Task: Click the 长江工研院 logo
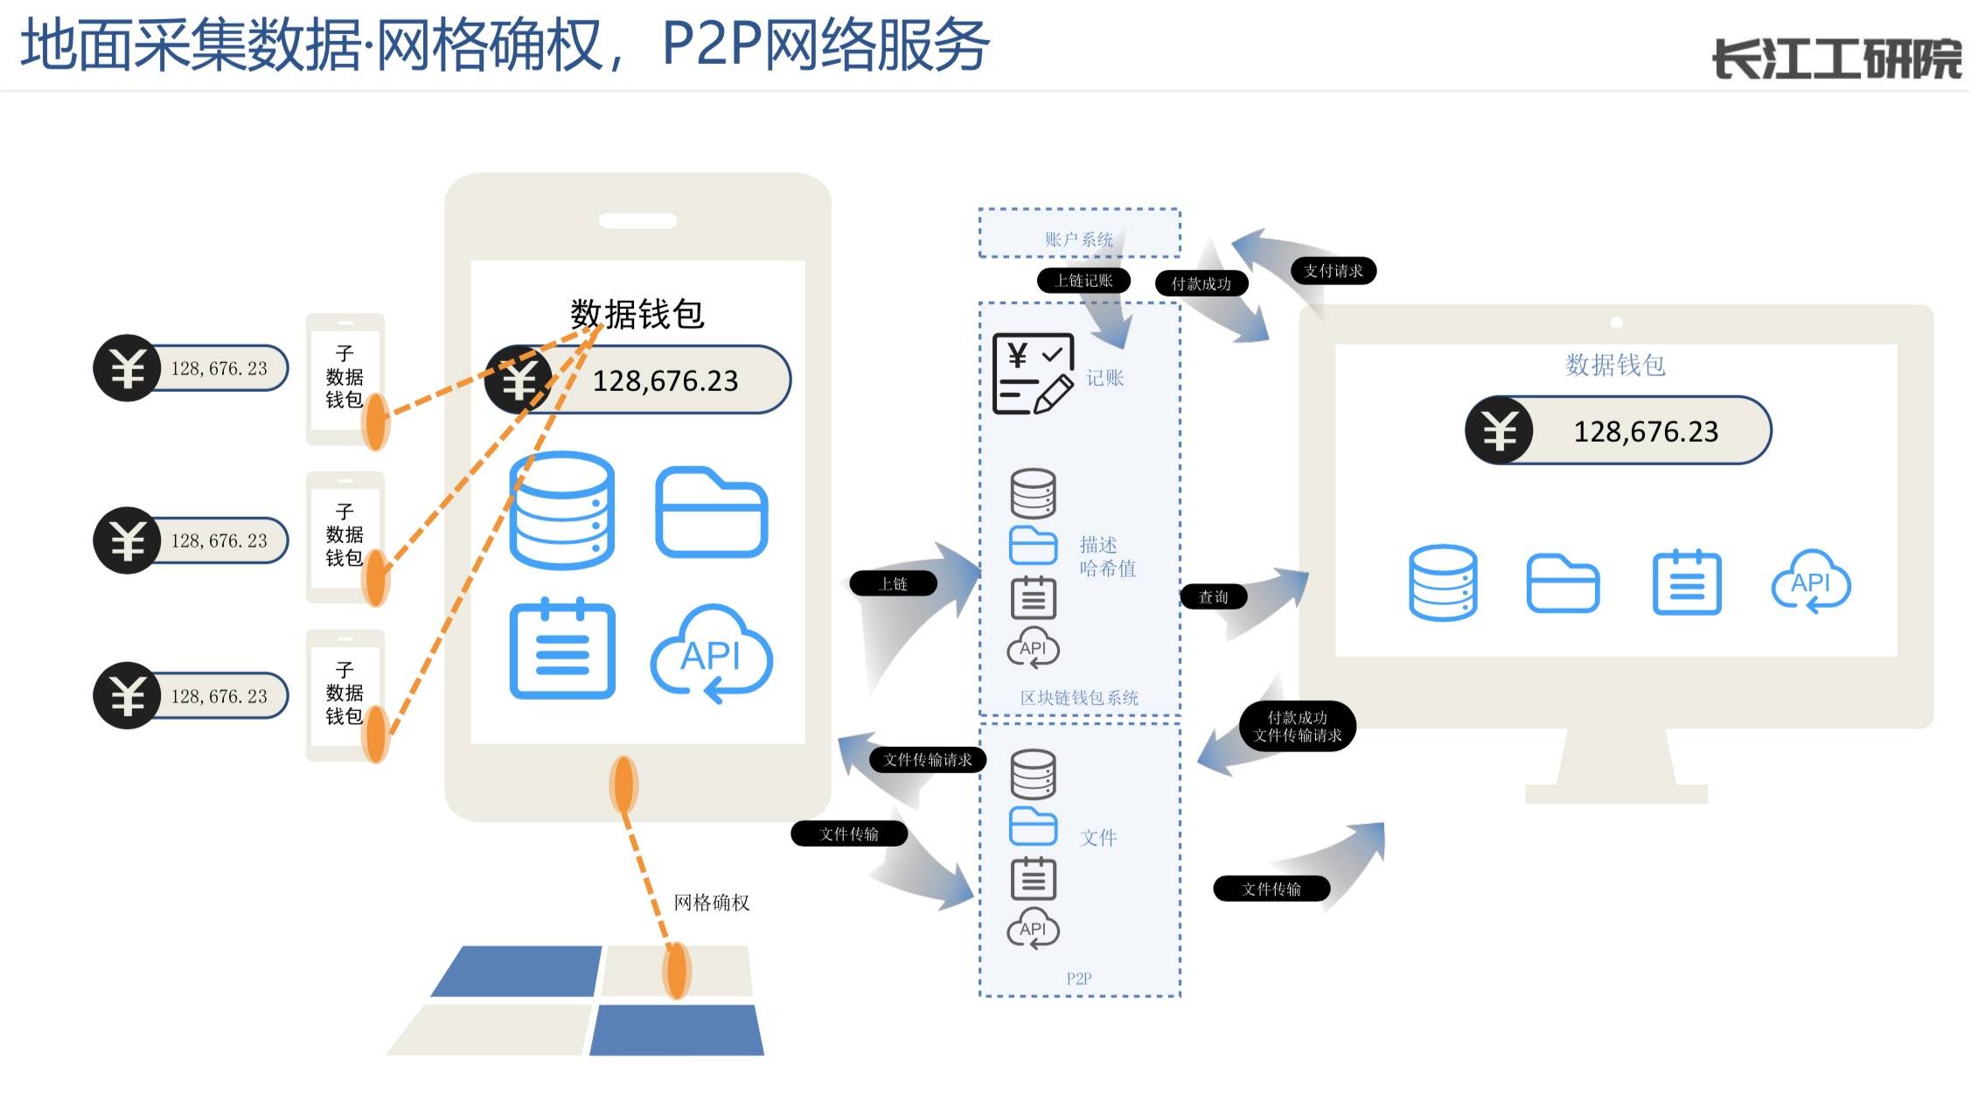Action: [1835, 59]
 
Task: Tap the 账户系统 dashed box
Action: [1079, 234]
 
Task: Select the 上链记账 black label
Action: [1083, 280]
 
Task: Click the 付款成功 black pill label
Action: [1201, 283]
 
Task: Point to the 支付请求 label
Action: [1333, 271]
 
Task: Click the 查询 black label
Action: [1213, 596]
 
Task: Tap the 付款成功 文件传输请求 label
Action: [1297, 726]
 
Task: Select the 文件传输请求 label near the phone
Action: [927, 759]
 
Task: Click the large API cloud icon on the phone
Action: [711, 654]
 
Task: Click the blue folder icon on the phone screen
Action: [711, 513]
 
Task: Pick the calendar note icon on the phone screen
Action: [562, 650]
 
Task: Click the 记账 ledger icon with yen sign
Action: [1033, 373]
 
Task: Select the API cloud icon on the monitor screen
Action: [1810, 582]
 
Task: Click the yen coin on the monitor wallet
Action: [1499, 430]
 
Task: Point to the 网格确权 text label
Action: [711, 903]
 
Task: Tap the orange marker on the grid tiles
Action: [676, 970]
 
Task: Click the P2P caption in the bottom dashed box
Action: [1078, 979]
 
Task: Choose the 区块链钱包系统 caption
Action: [1079, 698]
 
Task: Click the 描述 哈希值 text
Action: [1107, 557]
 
